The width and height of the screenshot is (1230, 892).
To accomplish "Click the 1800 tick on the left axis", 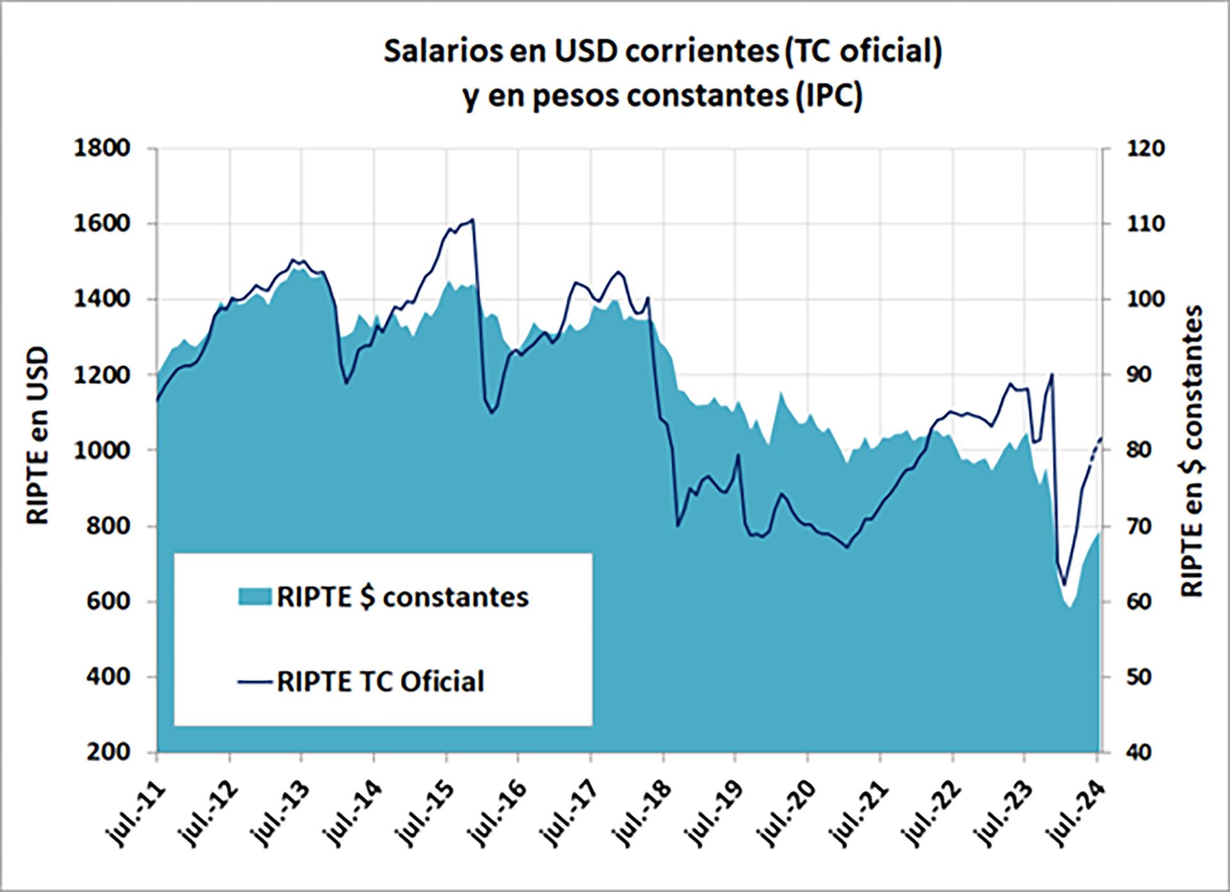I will (102, 149).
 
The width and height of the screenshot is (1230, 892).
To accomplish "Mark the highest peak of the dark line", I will (472, 220).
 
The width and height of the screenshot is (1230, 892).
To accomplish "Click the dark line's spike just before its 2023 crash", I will (1052, 374).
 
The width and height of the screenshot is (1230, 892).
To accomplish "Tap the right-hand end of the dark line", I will (1101, 438).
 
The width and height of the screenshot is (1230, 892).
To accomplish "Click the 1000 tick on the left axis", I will (102, 450).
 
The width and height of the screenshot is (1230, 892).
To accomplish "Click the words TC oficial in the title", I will (863, 53).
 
